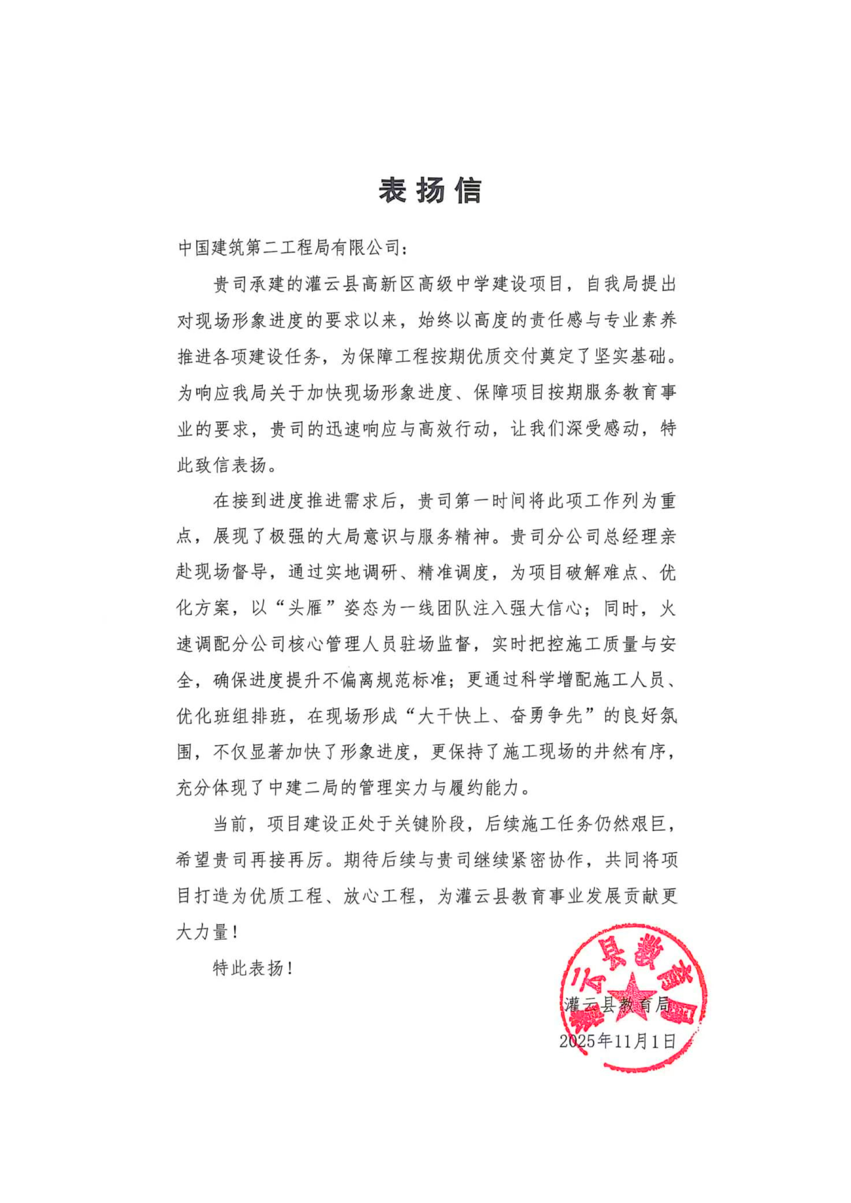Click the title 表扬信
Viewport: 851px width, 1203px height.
tap(430, 190)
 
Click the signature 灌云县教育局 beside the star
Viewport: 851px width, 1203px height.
tap(617, 1004)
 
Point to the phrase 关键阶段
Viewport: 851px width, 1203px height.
tap(429, 824)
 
